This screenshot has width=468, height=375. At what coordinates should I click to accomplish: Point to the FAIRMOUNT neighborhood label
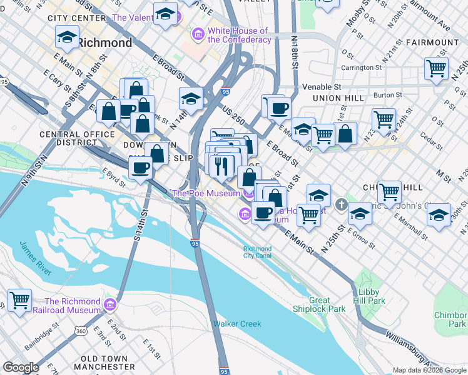point(432,42)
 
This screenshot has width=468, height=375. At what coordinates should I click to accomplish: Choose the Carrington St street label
point(361,67)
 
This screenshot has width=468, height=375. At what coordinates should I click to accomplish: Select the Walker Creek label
point(237,324)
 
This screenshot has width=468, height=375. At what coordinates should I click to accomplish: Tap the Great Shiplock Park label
point(319,304)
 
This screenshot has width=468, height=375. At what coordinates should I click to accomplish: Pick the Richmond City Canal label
point(257,251)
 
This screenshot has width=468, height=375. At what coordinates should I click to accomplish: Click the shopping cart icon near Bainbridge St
point(19,300)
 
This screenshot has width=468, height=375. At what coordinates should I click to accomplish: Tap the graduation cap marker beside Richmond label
point(67,37)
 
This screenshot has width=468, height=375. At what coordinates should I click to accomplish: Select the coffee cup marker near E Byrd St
point(141,167)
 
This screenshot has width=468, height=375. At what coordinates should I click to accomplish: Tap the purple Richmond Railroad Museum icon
point(110,305)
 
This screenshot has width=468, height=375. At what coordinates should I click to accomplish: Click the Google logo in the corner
point(21,367)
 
